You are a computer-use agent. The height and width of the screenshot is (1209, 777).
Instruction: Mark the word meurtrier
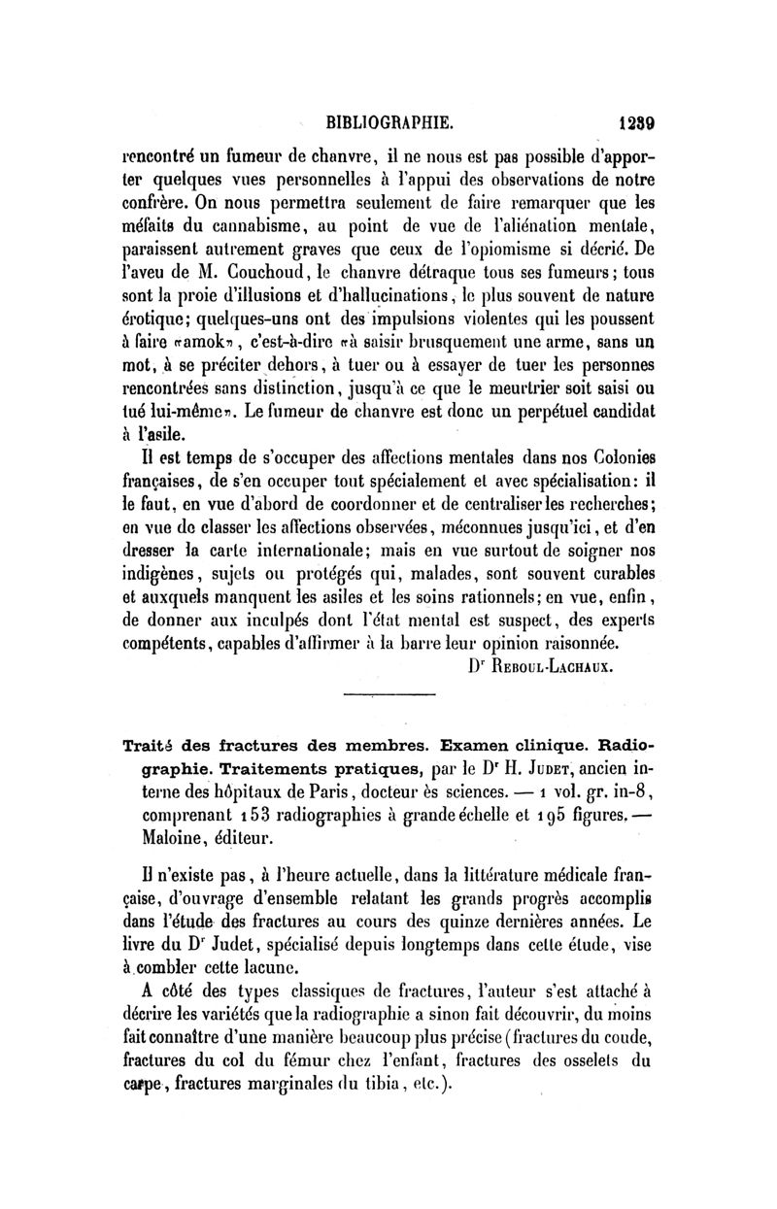pos(516,390)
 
